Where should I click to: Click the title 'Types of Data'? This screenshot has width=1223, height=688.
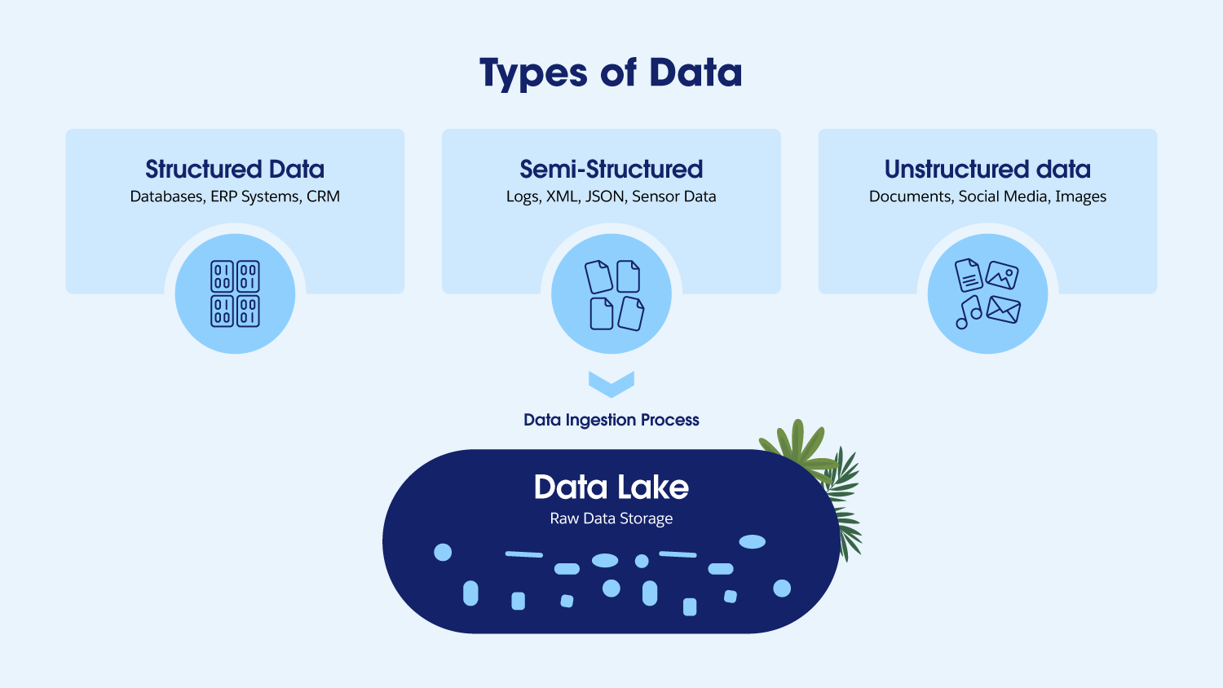611,73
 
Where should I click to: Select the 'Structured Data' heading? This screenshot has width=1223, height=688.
235,169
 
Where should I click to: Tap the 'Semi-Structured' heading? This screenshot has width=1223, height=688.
611,169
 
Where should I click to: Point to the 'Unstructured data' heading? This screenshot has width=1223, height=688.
987,169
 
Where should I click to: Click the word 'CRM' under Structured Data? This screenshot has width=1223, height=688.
323,196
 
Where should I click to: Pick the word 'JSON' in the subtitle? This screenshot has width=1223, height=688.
605,196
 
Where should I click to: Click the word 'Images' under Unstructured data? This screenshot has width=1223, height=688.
1080,196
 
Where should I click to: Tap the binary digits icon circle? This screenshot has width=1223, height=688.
235,293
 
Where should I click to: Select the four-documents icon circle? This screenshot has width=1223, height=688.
611,293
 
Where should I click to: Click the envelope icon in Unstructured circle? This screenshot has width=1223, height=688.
1004,310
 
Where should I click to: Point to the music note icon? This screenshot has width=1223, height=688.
969,312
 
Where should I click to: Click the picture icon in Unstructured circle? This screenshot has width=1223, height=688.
1002,276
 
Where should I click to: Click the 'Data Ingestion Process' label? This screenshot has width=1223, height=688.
611,420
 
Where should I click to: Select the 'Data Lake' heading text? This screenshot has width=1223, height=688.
611,487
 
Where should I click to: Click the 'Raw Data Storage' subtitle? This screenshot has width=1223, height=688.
611,518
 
